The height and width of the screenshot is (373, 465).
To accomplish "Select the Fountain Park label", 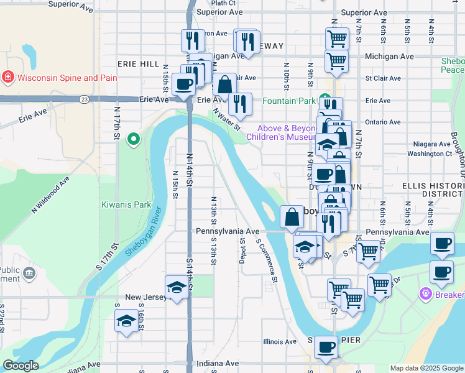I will [x=289, y=101].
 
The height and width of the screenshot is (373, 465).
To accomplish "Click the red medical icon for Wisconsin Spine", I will [x=8, y=78].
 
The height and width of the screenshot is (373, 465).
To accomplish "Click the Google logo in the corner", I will [x=21, y=366].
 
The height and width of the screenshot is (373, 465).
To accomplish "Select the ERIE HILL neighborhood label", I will [x=138, y=64].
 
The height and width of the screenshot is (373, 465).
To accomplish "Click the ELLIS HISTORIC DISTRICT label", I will [x=433, y=190].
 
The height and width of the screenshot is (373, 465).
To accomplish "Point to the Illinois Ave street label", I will [x=280, y=341].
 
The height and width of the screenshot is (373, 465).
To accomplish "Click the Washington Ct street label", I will [x=430, y=153].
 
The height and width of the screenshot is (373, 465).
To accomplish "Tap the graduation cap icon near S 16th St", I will [x=127, y=321].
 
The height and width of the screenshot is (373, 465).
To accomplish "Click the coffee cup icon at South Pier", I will [x=326, y=347].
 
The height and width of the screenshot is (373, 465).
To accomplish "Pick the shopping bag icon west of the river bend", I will [x=292, y=218].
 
